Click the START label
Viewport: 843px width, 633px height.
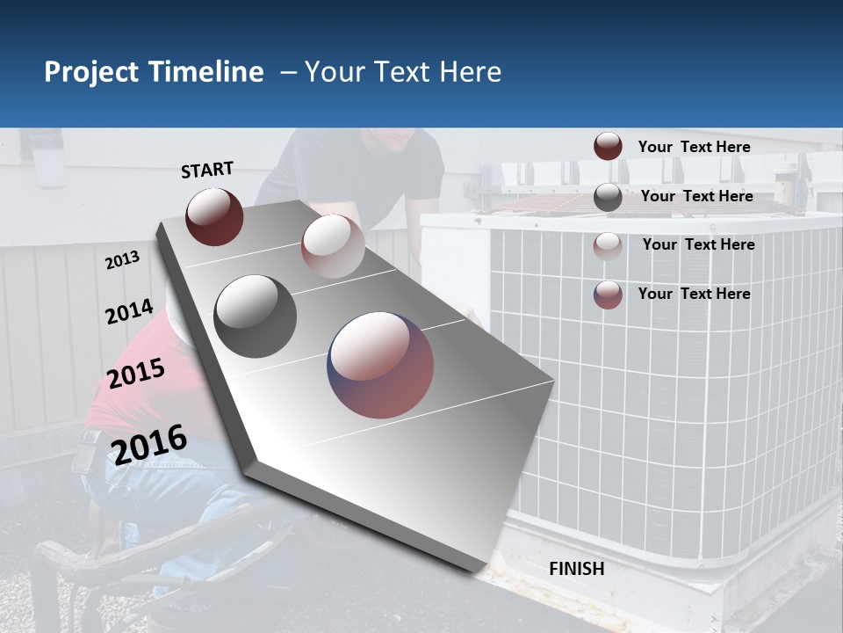[207, 170]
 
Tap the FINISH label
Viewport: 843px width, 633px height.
[576, 569]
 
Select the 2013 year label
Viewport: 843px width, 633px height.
[122, 260]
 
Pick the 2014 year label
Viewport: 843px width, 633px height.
[129, 312]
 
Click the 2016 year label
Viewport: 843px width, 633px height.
[149, 444]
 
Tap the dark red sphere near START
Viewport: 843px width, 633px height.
[214, 216]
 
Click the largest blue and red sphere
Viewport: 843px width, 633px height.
[381, 365]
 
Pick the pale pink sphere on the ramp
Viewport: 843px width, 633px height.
[333, 246]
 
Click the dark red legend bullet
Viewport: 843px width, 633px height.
[608, 147]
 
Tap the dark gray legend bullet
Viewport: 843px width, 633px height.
[608, 197]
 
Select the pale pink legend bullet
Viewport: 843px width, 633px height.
[608, 245]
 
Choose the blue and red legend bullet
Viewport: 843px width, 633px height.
[608, 295]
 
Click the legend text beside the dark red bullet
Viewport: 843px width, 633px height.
[694, 147]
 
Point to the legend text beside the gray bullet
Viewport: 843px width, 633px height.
[696, 196]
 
